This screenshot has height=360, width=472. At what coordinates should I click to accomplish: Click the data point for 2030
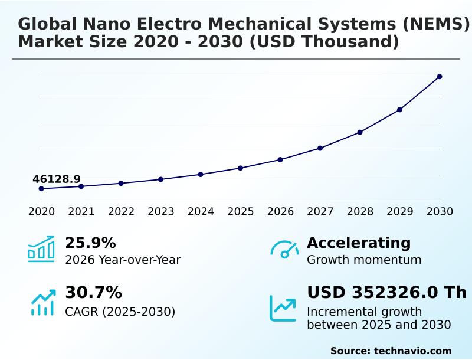pyautogui.click(x=440, y=77)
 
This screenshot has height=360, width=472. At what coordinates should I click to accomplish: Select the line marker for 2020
pyautogui.click(x=41, y=189)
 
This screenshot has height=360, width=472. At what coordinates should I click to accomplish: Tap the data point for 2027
pyautogui.click(x=320, y=148)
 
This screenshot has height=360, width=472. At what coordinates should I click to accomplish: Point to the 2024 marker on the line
pyautogui.click(x=201, y=175)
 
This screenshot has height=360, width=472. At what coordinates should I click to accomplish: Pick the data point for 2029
pyautogui.click(x=399, y=110)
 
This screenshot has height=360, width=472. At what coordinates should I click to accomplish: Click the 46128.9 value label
pyautogui.click(x=57, y=179)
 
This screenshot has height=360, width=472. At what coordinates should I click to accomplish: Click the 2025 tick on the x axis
pyautogui.click(x=240, y=212)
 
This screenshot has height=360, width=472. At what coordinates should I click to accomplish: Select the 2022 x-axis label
pyautogui.click(x=121, y=212)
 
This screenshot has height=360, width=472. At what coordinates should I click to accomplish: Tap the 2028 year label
pyautogui.click(x=360, y=212)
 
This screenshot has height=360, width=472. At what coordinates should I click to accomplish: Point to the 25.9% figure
pyautogui.click(x=90, y=243)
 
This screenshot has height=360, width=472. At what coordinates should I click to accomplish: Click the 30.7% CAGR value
pyautogui.click(x=93, y=293)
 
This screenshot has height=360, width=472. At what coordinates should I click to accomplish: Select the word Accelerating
pyautogui.click(x=359, y=243)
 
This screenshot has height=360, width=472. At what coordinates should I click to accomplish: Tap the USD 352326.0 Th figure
pyautogui.click(x=386, y=293)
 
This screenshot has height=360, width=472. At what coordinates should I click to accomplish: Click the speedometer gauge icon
pyautogui.click(x=284, y=250)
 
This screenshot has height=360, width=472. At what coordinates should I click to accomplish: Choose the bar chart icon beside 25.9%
pyautogui.click(x=41, y=249)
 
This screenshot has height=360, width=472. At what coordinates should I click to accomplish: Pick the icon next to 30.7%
pyautogui.click(x=42, y=303)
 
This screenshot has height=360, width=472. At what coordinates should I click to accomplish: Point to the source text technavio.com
pyautogui.click(x=412, y=351)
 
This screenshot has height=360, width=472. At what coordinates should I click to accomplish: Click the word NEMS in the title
pyautogui.click(x=435, y=24)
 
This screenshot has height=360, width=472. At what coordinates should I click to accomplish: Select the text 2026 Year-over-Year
pyautogui.click(x=123, y=260)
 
